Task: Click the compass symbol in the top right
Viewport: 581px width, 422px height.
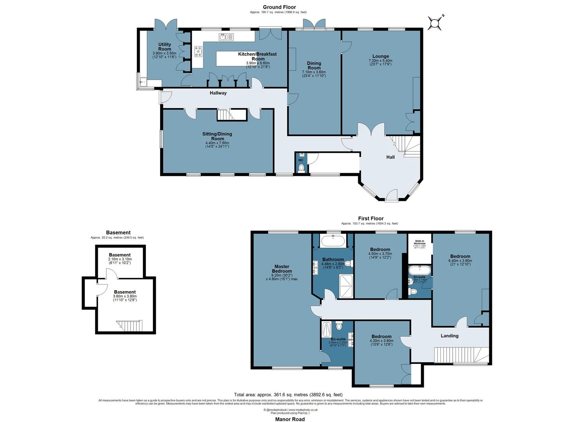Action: click(435, 23)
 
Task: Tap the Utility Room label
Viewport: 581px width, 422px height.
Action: click(165, 47)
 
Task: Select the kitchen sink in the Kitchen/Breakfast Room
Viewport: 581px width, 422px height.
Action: click(226, 37)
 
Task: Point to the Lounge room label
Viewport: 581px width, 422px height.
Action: click(380, 56)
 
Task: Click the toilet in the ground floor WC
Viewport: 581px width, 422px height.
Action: click(301, 168)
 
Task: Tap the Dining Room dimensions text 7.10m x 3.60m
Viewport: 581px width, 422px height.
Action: click(314, 72)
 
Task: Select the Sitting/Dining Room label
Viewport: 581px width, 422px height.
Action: click(217, 136)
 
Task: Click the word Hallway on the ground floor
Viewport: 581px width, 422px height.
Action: click(218, 93)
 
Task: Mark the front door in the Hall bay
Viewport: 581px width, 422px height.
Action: click(391, 197)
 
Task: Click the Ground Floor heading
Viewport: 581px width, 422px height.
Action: click(279, 7)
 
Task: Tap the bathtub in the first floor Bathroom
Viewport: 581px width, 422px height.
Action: click(333, 241)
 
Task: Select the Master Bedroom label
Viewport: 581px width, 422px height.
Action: click(282, 269)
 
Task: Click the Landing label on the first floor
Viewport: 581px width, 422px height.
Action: click(449, 336)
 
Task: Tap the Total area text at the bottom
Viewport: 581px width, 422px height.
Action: click(288, 395)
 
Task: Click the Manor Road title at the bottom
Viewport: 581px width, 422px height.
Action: click(290, 419)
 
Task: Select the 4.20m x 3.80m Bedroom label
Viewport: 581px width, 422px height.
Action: click(381, 336)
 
